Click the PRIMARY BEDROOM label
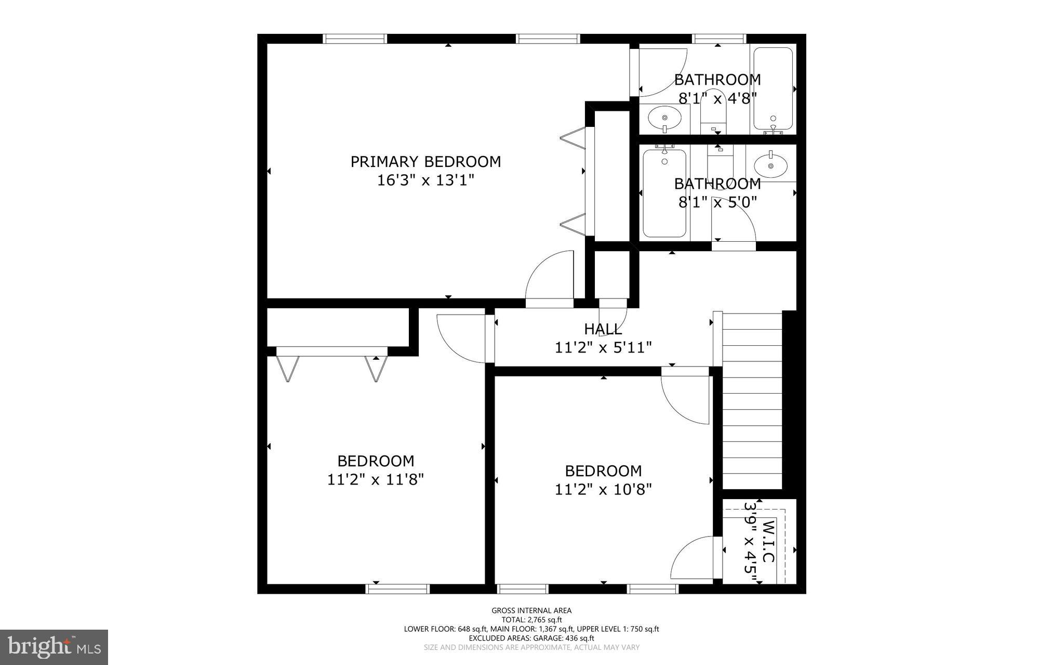coord(425,162)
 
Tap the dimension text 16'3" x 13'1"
coord(425,180)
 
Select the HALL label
coord(603,329)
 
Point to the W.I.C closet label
coord(768,541)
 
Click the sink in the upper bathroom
coord(664,118)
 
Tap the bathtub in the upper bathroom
coord(773,88)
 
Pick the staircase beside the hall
coord(752,400)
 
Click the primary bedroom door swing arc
coord(548,276)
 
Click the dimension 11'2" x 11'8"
coord(376,479)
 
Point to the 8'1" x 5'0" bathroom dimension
coord(717,202)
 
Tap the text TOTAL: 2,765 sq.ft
coord(531,620)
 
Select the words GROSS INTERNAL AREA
coord(531,610)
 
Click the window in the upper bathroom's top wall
coord(719,38)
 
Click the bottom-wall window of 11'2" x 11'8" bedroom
coord(397,589)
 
